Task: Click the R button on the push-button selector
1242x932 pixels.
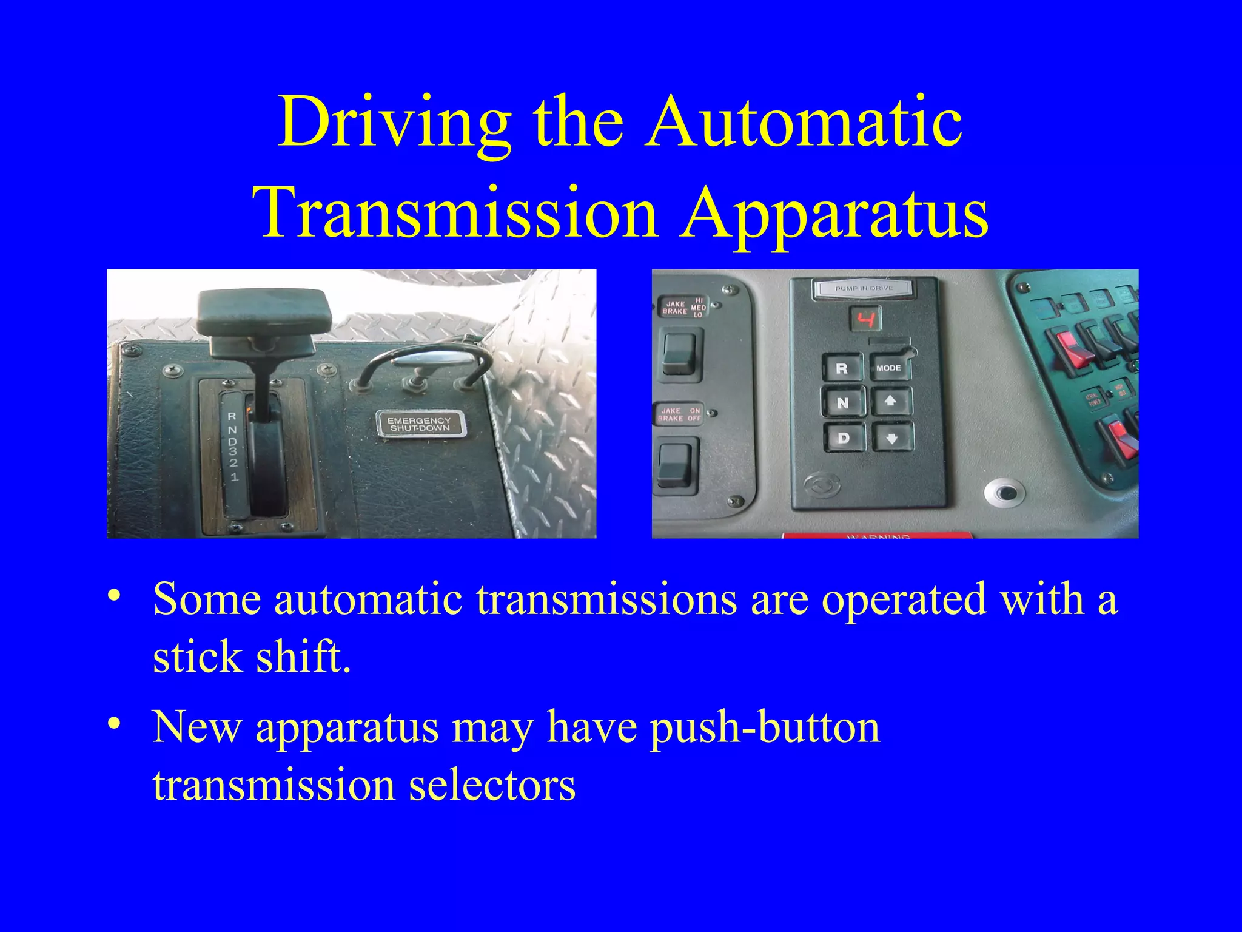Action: (842, 368)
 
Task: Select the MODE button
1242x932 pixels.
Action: (889, 368)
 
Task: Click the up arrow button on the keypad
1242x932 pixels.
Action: (890, 402)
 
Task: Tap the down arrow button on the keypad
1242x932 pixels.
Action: (891, 437)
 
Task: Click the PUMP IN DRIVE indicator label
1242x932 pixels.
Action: (864, 288)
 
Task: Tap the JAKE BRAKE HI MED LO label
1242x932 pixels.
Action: (683, 308)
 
